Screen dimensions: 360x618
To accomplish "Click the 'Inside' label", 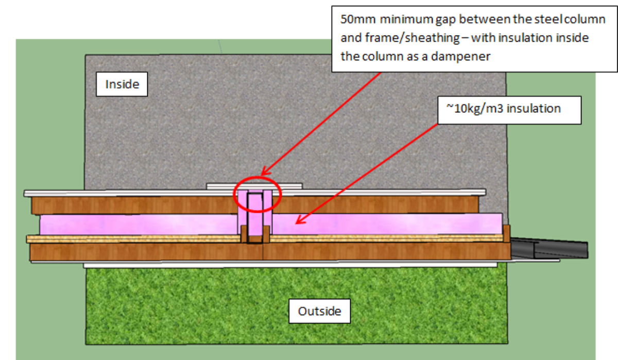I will [x=122, y=83].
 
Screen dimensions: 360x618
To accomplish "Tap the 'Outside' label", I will [x=319, y=311].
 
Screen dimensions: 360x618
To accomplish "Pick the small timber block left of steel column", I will [x=244, y=235].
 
